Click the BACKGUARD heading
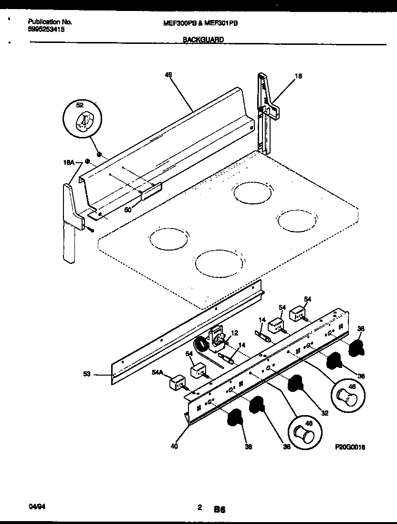[x=203, y=41]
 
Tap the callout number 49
[x=168, y=74]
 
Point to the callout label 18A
[x=69, y=163]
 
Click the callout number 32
[x=324, y=413]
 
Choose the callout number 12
[x=234, y=333]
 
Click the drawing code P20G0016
[x=354, y=447]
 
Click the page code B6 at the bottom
[x=219, y=509]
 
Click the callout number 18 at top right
[x=298, y=75]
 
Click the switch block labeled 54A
[x=177, y=382]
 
